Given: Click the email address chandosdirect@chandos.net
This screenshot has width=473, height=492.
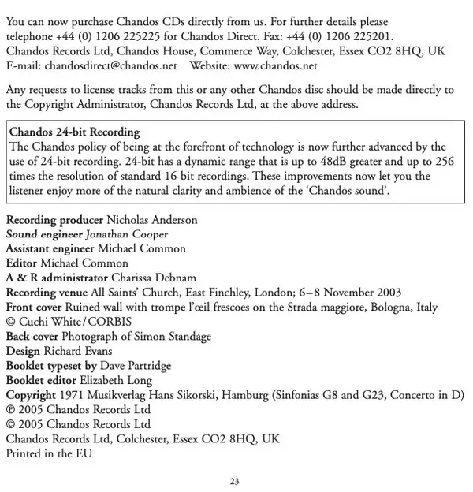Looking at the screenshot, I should (x=110, y=65).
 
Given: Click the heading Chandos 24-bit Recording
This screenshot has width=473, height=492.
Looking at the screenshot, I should (x=75, y=132).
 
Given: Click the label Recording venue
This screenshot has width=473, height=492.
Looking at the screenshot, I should (x=46, y=292).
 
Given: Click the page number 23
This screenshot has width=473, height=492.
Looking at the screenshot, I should (x=235, y=481).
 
